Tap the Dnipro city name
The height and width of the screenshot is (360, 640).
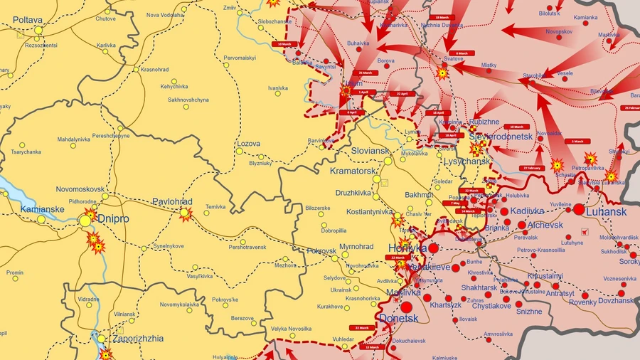click(x=113, y=219)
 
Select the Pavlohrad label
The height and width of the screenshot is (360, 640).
click(x=173, y=202)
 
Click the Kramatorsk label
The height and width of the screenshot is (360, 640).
click(x=352, y=171)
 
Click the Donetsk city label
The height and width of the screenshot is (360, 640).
click(x=399, y=318)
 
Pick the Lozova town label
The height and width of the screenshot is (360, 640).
click(x=248, y=144)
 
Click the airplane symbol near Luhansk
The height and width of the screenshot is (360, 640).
click(x=585, y=231)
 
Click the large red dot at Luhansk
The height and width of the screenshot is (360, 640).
click(x=579, y=210)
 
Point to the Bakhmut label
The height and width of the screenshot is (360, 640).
click(x=419, y=194)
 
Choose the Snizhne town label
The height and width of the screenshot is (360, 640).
click(x=528, y=311)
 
